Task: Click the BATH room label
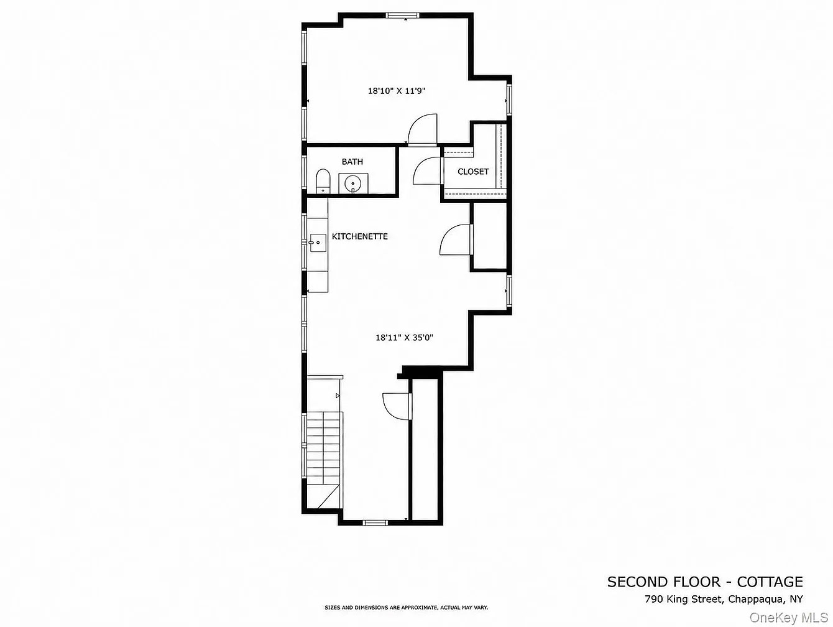pos(352,162)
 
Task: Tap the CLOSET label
pos(473,172)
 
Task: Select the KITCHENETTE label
pos(360,236)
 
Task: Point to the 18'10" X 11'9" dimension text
pos(397,91)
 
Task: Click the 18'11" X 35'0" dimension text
pos(404,338)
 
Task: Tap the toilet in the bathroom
pos(323,181)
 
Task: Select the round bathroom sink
pos(352,184)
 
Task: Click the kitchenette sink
pos(318,243)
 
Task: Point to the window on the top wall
pos(403,16)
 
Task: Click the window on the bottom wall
pos(375,523)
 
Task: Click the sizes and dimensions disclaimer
pos(406,608)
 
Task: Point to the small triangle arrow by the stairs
pos(338,396)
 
